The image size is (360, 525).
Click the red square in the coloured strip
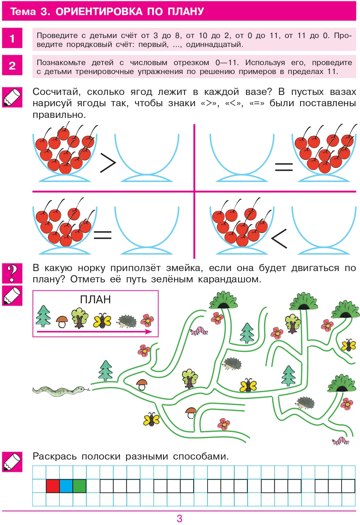(x=53, y=486)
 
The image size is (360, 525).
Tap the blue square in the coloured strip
(x=66, y=486)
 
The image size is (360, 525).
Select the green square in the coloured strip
(x=79, y=486)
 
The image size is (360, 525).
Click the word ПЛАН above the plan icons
(x=95, y=300)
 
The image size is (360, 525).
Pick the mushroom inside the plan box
(x=62, y=322)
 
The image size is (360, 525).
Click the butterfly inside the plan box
(x=102, y=321)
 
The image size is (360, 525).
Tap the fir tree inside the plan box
(x=44, y=316)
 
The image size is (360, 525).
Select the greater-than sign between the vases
(x=108, y=163)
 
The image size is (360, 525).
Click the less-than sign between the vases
(x=279, y=239)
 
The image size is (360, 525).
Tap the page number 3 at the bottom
(x=179, y=518)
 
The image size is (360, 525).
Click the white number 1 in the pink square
(x=12, y=38)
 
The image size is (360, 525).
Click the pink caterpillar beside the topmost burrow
(x=199, y=331)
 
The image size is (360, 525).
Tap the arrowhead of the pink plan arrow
(x=149, y=331)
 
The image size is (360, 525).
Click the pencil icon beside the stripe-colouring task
(x=12, y=462)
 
